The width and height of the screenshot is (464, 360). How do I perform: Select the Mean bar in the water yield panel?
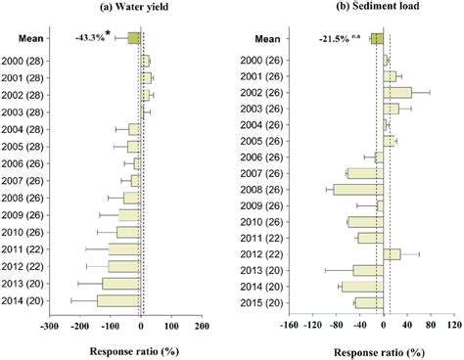pyautogui.click(x=134, y=39)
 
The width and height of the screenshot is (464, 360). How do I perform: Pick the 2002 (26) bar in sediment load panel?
pyautogui.click(x=397, y=92)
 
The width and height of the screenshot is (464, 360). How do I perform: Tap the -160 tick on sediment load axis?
pyautogui.click(x=288, y=327)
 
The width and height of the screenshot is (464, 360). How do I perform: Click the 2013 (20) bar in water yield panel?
pyautogui.click(x=121, y=284)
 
